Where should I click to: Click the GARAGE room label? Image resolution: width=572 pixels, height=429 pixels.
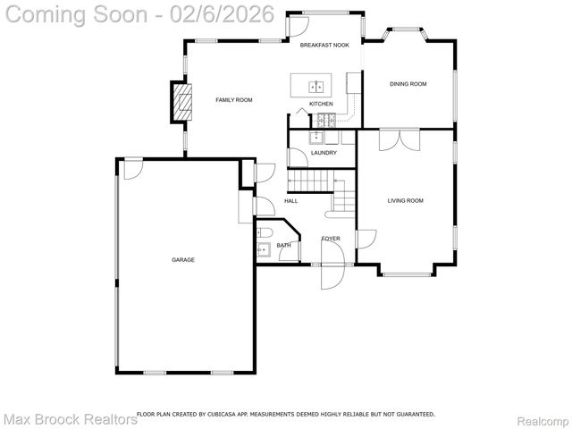point(183,260)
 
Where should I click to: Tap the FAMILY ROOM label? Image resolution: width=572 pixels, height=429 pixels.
point(233,100)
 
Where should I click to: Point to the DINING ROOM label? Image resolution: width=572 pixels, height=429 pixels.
point(408,84)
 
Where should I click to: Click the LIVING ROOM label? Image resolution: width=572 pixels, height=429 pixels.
point(405,201)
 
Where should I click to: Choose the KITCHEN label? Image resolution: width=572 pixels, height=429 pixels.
point(321,105)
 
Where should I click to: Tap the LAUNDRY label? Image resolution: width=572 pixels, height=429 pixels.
point(324,153)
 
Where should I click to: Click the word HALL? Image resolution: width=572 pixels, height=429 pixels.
point(290,201)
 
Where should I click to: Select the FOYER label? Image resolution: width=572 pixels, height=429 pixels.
point(331,239)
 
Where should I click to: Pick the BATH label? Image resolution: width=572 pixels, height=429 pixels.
point(283,245)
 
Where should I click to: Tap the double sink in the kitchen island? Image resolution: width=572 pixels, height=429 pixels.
point(317,86)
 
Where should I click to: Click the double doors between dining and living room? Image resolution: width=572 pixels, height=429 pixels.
point(398,141)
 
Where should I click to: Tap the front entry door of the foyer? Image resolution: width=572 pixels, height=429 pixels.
point(332,273)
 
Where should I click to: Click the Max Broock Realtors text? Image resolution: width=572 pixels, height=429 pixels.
point(70,418)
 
